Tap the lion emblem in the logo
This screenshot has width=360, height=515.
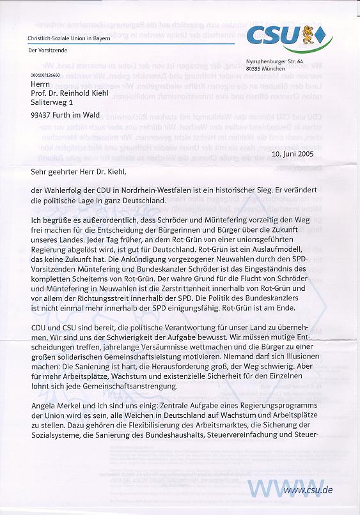pyautogui.click(x=308, y=35)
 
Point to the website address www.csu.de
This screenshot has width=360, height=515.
pyautogui.click(x=308, y=490)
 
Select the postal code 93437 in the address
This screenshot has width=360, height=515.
pyautogui.click(x=43, y=116)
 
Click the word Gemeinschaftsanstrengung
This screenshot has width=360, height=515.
pyautogui.click(x=132, y=387)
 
